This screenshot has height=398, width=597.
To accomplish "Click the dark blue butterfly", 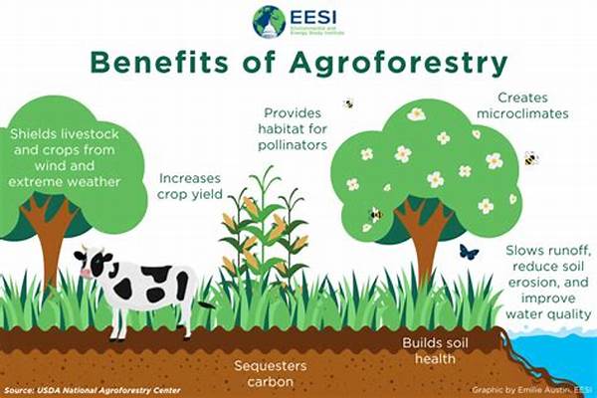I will click(x=469, y=253).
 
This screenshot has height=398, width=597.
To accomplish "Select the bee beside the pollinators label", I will click(x=348, y=103).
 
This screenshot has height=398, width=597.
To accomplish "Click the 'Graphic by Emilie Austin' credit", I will click(x=522, y=389).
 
